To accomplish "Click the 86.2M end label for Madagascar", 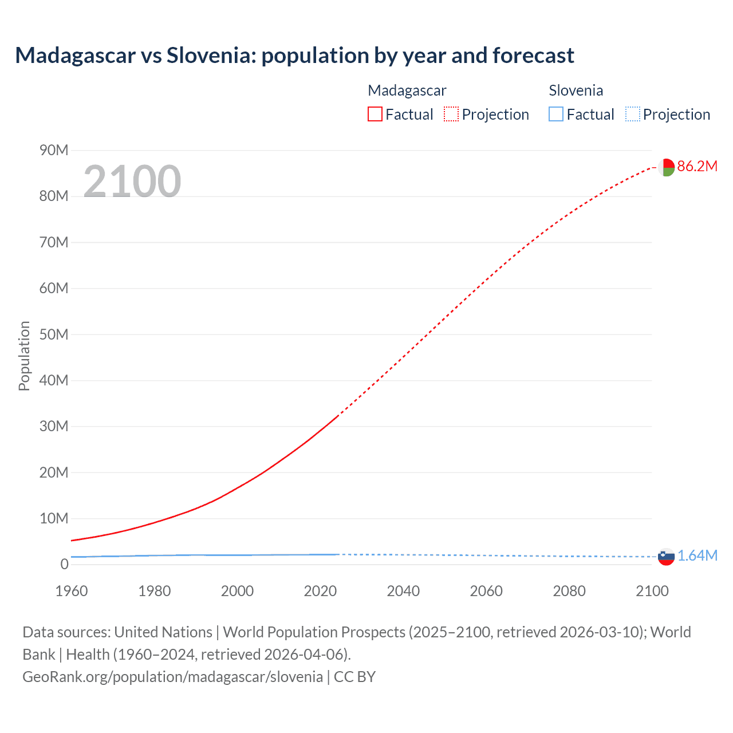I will (697, 167).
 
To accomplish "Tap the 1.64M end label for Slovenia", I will (697, 556).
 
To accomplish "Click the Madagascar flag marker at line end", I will (666, 167).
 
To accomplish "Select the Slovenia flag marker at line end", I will (666, 557).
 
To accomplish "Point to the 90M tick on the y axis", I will (54, 151).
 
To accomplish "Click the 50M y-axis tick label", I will (54, 334).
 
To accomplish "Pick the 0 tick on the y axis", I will (64, 565).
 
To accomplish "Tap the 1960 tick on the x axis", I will (72, 591).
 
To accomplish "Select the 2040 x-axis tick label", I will (403, 591).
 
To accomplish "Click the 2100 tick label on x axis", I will (652, 591).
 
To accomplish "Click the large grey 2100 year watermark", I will (132, 182).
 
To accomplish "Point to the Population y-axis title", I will (24, 356).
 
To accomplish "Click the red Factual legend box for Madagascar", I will (375, 115).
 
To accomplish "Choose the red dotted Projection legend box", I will (451, 115).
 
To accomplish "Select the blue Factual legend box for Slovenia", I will (555, 115).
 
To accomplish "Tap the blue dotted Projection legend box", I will (632, 115).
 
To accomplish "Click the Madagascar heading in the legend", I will (407, 90).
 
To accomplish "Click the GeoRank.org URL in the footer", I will (172, 677).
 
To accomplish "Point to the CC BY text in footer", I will (354, 677).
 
